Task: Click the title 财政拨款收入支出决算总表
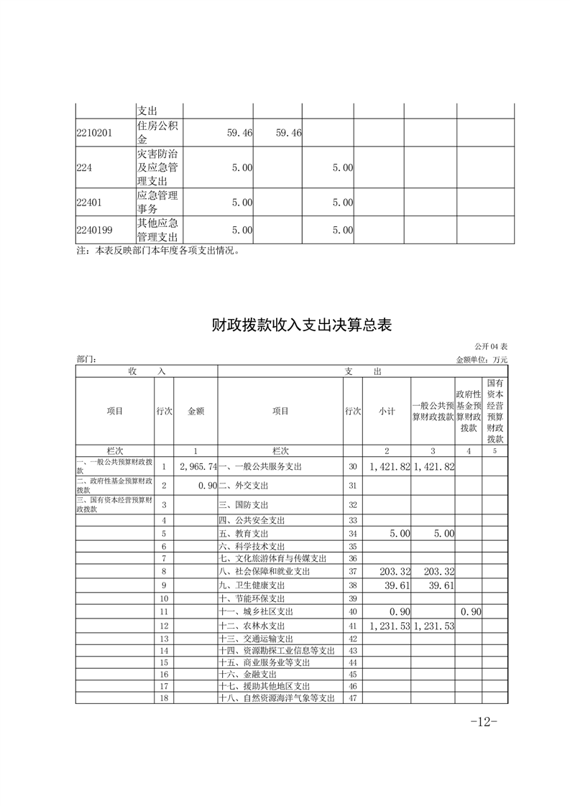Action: [301, 325]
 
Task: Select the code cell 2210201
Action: [94, 133]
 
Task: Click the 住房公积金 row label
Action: [158, 133]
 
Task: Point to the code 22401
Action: [90, 203]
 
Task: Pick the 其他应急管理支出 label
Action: [158, 230]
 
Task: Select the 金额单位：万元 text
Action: [482, 359]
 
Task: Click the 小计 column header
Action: [387, 412]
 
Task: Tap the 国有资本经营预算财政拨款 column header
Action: [495, 412]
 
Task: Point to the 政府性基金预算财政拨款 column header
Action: [469, 412]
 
